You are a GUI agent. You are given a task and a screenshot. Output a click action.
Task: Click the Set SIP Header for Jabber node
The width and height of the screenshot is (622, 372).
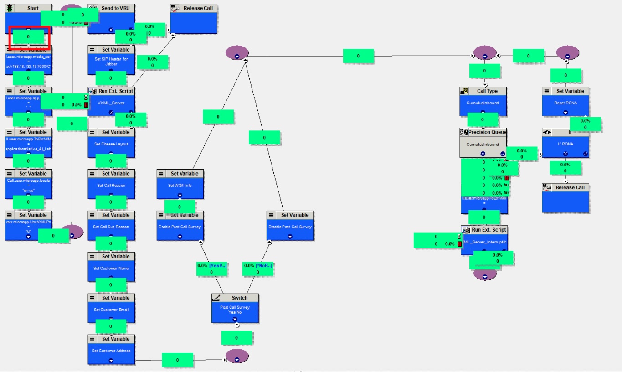[111, 61]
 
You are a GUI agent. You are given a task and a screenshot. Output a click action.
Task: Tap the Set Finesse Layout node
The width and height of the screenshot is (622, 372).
[111, 144]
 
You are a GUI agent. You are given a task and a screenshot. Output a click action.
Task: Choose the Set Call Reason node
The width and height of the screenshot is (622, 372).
[111, 185]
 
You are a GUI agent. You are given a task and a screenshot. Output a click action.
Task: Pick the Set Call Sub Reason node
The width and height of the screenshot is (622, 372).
[111, 227]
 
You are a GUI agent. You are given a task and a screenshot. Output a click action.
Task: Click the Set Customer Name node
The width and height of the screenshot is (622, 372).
[111, 268]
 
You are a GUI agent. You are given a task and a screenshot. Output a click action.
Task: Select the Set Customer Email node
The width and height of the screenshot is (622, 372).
[111, 310]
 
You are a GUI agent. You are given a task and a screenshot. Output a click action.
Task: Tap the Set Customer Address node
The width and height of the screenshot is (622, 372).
[111, 351]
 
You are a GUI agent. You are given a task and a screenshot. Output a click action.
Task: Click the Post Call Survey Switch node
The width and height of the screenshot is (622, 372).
[235, 309]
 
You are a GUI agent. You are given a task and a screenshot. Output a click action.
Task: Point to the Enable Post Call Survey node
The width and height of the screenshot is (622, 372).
[180, 227]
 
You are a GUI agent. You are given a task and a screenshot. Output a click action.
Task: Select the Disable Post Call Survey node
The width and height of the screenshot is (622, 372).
[290, 227]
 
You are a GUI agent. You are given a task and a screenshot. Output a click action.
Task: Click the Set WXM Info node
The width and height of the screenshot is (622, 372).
[180, 185]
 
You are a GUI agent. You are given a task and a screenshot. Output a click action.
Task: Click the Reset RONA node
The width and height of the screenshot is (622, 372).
[565, 103]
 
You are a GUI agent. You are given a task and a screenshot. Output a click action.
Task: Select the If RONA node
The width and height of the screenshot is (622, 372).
[565, 144]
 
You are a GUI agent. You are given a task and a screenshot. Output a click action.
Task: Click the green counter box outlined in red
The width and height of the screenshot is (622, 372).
[28, 36]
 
